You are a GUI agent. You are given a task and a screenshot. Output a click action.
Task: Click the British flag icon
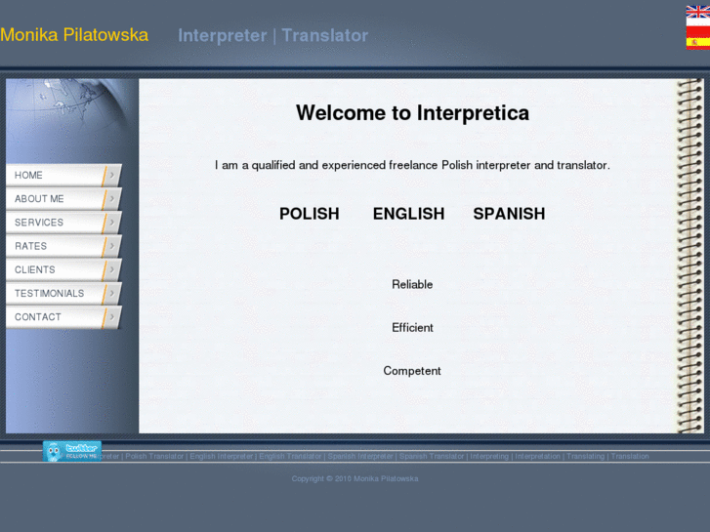(697, 11)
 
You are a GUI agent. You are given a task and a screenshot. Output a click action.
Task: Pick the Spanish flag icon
(697, 42)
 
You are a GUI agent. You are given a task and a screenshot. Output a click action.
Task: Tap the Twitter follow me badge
(71, 451)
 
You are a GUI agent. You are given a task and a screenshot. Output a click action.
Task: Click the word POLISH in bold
(309, 214)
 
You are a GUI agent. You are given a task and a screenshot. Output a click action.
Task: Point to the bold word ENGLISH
(408, 214)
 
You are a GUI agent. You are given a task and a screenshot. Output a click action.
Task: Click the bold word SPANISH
(509, 214)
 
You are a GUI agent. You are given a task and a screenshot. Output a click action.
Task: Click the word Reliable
(412, 285)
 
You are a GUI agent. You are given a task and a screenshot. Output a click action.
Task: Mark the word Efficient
(412, 328)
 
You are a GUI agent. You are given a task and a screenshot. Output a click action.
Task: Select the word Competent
(412, 371)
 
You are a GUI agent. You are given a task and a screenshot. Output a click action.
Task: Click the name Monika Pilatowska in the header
(74, 35)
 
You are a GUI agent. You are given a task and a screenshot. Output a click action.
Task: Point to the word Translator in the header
(325, 36)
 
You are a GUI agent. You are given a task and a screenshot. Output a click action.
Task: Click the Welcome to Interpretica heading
(412, 113)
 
